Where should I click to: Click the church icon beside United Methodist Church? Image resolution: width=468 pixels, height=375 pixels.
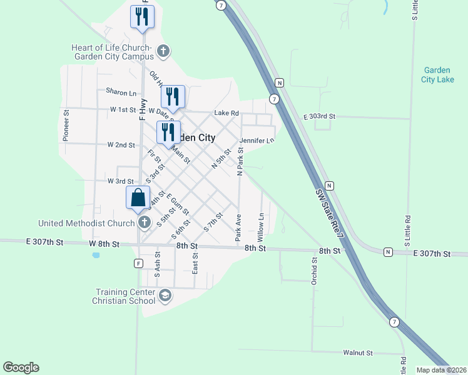[145, 222]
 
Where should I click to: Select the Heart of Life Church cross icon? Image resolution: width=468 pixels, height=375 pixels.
[163, 51]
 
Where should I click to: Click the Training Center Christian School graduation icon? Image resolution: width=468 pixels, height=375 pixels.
[165, 296]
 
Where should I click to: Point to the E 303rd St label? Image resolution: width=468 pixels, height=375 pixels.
[320, 117]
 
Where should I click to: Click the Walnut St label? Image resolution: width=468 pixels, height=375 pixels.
[358, 353]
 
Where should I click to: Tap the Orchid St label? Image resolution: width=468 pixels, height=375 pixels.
[315, 270]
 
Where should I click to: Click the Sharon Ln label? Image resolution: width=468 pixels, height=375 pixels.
[121, 92]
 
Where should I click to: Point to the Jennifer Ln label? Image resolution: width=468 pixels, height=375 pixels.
[257, 141]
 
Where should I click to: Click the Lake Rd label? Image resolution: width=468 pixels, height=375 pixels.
[226, 113]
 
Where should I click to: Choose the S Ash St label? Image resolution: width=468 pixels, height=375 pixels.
[158, 265]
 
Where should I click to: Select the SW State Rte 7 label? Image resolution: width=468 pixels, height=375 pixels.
[331, 212]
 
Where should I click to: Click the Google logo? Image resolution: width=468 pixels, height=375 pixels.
[21, 367]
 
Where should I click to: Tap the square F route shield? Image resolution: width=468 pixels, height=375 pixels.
[138, 263]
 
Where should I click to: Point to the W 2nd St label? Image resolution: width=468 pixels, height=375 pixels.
[121, 145]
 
